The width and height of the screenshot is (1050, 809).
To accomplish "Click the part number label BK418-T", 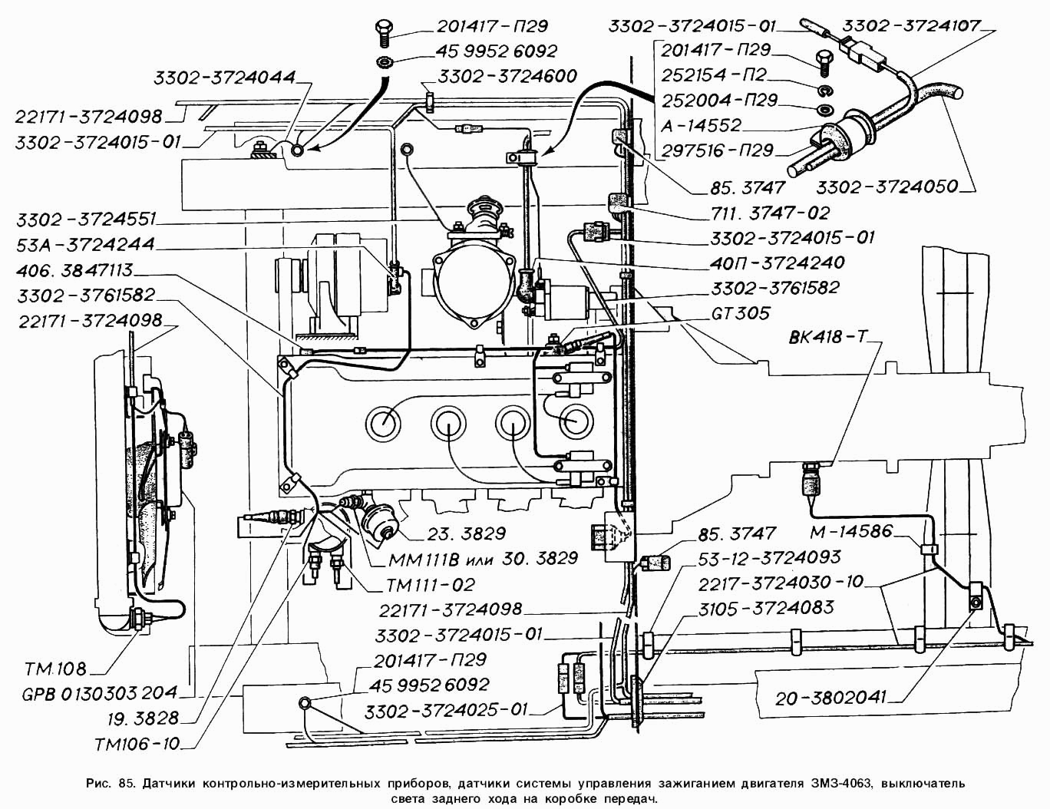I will (x=827, y=338).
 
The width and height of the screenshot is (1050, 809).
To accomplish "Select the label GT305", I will (x=740, y=313).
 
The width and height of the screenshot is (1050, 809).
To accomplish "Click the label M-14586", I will (x=850, y=531).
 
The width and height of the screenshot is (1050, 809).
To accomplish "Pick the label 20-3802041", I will (x=830, y=698).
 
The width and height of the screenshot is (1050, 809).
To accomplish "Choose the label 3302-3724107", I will (x=910, y=25).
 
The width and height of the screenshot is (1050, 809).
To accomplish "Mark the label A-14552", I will (x=702, y=125).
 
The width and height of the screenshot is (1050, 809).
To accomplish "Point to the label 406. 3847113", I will (x=75, y=270).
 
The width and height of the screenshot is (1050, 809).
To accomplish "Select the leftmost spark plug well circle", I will (x=383, y=421).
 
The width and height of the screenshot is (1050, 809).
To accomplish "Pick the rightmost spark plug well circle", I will (x=576, y=421).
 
